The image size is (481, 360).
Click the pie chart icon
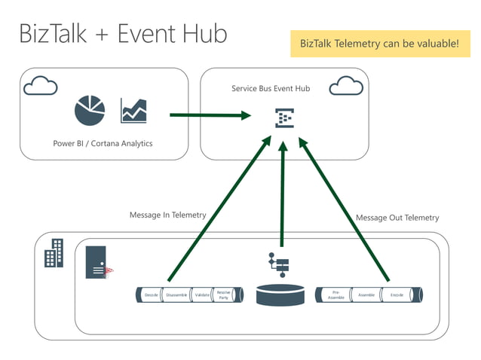[x=90, y=111]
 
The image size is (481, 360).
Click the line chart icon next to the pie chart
[x=133, y=111]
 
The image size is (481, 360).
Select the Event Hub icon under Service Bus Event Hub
[x=283, y=117]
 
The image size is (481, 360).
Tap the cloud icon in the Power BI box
[x=40, y=86]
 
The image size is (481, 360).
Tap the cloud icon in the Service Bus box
[x=346, y=85]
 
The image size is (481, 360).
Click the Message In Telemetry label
[x=167, y=215]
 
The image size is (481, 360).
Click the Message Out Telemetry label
[x=397, y=218]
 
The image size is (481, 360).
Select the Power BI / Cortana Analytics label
[x=103, y=143]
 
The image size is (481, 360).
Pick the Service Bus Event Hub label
[x=270, y=89]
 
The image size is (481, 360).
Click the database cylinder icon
[x=280, y=294]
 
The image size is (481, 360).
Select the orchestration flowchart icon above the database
[x=280, y=264]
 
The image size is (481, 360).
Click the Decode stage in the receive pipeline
[x=152, y=295]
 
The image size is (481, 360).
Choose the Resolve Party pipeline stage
[x=224, y=295]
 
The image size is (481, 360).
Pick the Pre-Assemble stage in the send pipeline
[x=335, y=295]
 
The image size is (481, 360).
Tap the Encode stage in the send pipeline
[x=397, y=295]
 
